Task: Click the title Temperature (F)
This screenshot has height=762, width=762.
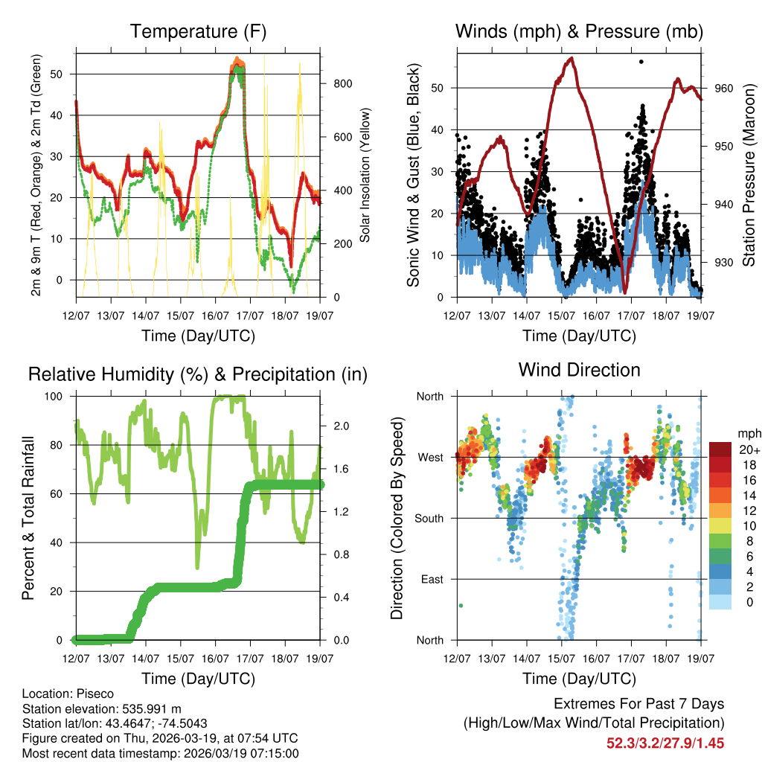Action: [198, 31]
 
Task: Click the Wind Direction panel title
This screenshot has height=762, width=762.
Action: [579, 369]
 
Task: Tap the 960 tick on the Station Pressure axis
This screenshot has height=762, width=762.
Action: [723, 88]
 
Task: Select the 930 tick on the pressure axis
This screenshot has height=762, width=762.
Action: [723, 262]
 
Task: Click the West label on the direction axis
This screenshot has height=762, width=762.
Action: [429, 457]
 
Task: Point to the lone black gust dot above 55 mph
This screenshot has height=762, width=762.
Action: [641, 62]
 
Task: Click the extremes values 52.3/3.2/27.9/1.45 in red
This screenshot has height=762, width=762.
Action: [665, 743]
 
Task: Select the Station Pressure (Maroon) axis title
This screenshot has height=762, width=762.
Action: [749, 174]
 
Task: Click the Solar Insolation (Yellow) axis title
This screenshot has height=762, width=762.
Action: [365, 175]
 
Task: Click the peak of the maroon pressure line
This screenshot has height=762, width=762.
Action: [571, 58]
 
